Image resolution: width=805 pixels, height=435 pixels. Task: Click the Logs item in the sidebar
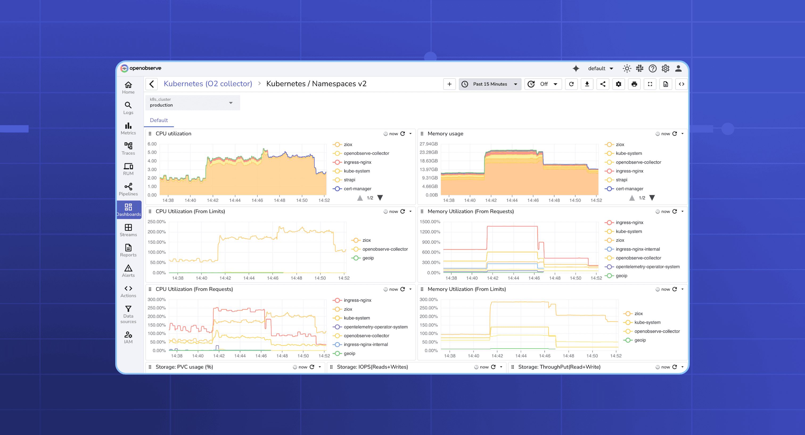(x=128, y=108)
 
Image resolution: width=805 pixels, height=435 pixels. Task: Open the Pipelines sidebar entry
(x=128, y=189)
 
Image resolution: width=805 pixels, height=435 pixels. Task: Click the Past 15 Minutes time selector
(x=490, y=84)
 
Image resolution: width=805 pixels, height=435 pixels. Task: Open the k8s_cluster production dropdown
(x=192, y=102)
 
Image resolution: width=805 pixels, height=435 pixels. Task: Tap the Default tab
(x=159, y=120)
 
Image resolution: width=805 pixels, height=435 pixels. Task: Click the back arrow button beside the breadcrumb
(x=151, y=84)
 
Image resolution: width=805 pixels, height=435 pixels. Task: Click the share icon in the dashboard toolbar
(x=603, y=84)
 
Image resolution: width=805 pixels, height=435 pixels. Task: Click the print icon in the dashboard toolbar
(x=634, y=84)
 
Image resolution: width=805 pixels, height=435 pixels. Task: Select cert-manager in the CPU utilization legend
(x=357, y=189)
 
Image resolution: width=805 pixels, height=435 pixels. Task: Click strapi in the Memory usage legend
(x=621, y=180)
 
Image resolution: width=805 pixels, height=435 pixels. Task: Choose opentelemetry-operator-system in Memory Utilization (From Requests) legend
(x=647, y=267)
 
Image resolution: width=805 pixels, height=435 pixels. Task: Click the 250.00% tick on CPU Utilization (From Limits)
(x=157, y=221)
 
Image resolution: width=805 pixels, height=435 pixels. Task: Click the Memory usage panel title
(x=445, y=133)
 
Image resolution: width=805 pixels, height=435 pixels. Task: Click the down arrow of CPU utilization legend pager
(x=380, y=198)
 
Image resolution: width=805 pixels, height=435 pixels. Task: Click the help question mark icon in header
(x=652, y=68)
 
